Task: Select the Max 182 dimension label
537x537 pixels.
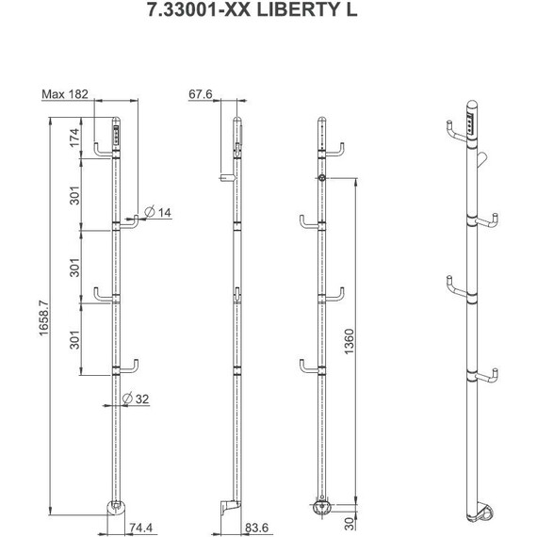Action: point(65,94)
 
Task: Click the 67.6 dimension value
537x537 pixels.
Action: point(201,94)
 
